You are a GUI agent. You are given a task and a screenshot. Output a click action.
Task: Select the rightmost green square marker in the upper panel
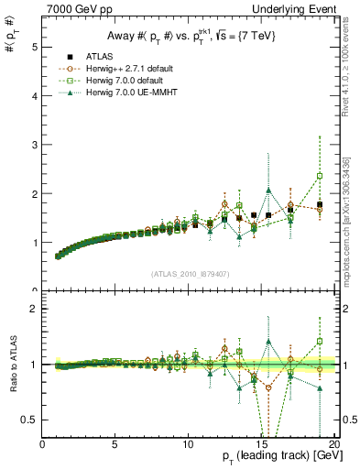coord(320,176)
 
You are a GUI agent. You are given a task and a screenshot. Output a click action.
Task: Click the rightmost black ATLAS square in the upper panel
coord(320,204)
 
